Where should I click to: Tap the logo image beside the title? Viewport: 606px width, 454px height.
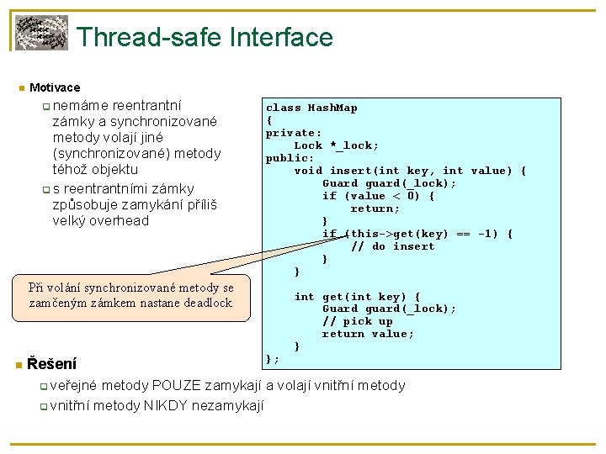point(41,33)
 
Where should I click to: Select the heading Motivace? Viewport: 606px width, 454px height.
point(55,87)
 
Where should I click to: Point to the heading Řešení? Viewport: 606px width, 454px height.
point(51,364)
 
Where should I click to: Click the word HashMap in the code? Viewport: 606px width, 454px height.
point(332,108)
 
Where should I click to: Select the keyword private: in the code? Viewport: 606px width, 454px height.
point(294,133)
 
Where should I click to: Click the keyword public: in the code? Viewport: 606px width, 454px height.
point(290,158)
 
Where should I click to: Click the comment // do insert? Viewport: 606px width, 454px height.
point(392,246)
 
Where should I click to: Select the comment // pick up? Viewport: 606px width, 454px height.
point(357,321)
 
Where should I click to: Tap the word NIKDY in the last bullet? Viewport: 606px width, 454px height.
point(169,405)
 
